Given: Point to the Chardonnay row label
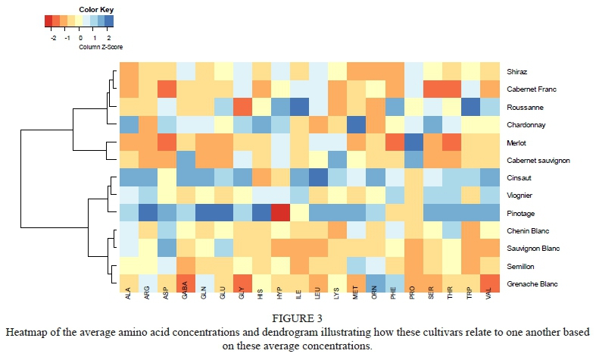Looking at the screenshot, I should tap(525, 124).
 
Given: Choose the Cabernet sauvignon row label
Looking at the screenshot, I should tap(538, 160).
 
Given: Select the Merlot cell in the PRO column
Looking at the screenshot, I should tap(414, 142).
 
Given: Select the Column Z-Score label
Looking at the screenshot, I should tap(99, 45).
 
